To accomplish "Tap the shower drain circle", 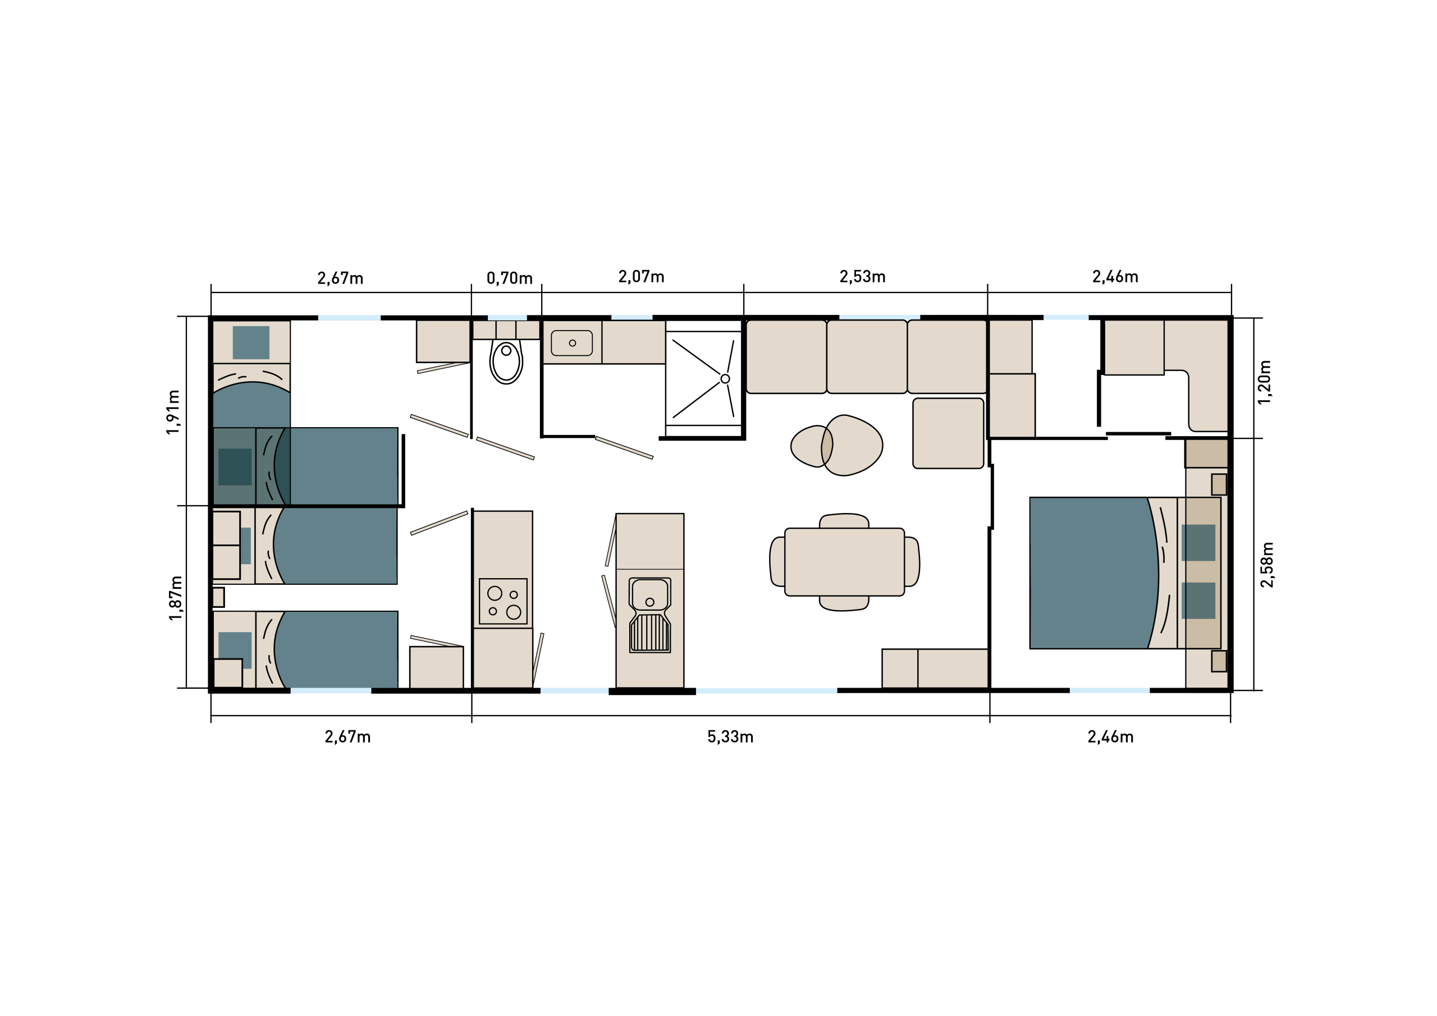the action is click(725, 379).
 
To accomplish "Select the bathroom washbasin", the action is click(571, 343).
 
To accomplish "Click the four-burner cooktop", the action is click(503, 601).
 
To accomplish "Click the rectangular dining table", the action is click(844, 561).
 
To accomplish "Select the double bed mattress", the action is click(1094, 573).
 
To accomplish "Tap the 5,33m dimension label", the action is click(730, 737).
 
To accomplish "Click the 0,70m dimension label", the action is click(510, 278).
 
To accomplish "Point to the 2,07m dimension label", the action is click(641, 277).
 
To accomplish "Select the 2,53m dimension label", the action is click(862, 277).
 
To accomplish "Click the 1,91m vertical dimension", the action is click(173, 412).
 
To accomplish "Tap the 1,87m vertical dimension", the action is click(176, 598).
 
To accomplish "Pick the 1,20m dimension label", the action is click(1264, 382).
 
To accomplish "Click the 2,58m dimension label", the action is click(1267, 565).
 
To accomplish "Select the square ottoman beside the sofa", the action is click(948, 433).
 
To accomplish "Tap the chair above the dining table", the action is click(844, 520).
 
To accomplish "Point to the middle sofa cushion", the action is click(867, 357).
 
